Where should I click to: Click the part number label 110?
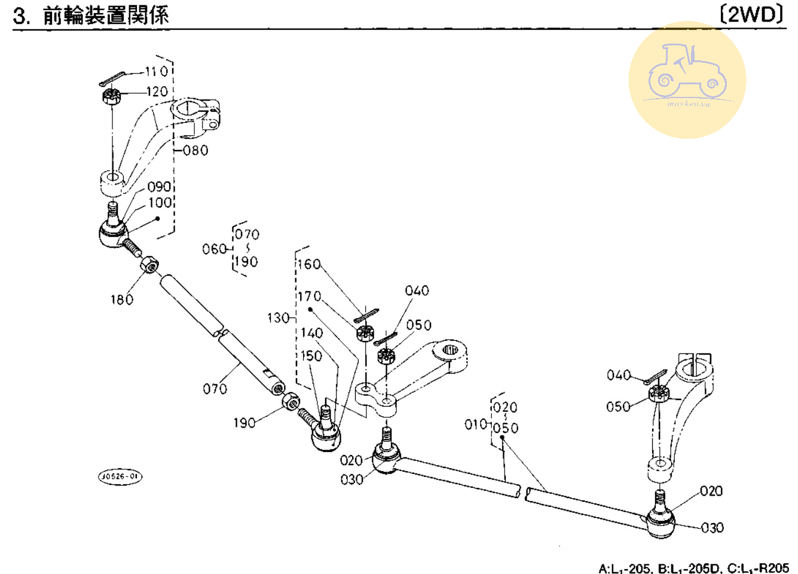[x=157, y=72]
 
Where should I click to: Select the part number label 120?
[x=157, y=91]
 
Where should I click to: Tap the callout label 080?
[x=195, y=150]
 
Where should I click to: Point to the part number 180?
[x=122, y=300]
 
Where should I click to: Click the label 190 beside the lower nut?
[x=244, y=423]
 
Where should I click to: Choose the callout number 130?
[x=278, y=318]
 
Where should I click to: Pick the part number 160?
[x=309, y=264]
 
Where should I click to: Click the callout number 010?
[x=476, y=425]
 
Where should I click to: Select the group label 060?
[x=214, y=249]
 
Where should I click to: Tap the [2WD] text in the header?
[x=752, y=14]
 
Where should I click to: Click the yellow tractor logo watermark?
[x=687, y=80]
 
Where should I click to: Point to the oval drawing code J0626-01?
[x=120, y=477]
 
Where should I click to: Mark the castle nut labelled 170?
[x=364, y=332]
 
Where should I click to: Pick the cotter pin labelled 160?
[x=366, y=315]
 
